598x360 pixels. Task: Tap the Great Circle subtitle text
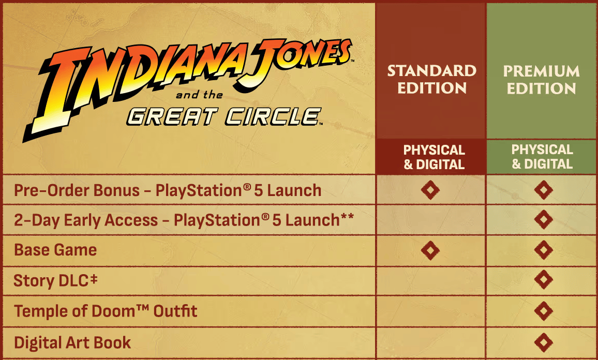[225, 117]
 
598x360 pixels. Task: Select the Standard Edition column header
[432, 79]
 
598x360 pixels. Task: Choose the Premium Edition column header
[541, 80]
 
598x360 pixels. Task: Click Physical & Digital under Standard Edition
[434, 157]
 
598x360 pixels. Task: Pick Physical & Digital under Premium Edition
[542, 156]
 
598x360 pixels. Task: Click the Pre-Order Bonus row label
[168, 190]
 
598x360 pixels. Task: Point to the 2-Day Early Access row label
[184, 220]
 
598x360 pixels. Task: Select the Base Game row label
[55, 250]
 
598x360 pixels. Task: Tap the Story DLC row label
[55, 280]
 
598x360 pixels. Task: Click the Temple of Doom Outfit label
[106, 311]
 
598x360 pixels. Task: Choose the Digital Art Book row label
[72, 342]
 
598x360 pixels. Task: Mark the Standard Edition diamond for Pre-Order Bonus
[430, 190]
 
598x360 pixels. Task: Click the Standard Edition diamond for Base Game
[430, 250]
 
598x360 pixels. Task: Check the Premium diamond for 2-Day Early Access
[544, 219]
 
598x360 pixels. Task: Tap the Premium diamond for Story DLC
[544, 279]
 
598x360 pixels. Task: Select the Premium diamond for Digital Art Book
[544, 342]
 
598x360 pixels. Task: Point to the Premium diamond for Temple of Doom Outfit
[544, 311]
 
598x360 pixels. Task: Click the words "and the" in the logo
[199, 95]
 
